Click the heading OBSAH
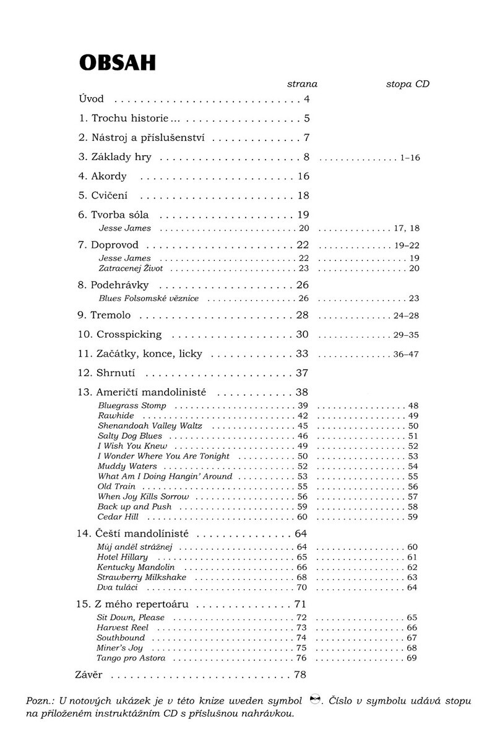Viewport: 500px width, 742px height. pyautogui.click(x=116, y=62)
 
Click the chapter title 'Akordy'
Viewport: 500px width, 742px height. pyautogui.click(x=109, y=176)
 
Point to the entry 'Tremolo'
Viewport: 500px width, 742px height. pyautogui.click(x=111, y=315)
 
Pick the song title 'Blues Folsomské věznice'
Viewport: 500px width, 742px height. pyautogui.click(x=149, y=299)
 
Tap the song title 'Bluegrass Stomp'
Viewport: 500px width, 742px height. pyautogui.click(x=132, y=406)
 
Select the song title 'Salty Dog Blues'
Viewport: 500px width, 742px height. pyautogui.click(x=130, y=436)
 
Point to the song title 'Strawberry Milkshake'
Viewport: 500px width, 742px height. pyautogui.click(x=142, y=577)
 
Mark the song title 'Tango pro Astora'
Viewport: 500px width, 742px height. pyautogui.click(x=131, y=658)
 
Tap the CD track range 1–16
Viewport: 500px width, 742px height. pyautogui.click(x=410, y=158)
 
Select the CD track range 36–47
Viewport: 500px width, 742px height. pyautogui.click(x=407, y=355)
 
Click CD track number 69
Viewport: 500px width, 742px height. pyautogui.click(x=413, y=658)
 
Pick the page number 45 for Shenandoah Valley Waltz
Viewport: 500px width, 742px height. pyautogui.click(x=303, y=426)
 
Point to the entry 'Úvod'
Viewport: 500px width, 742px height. pyautogui.click(x=92, y=99)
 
